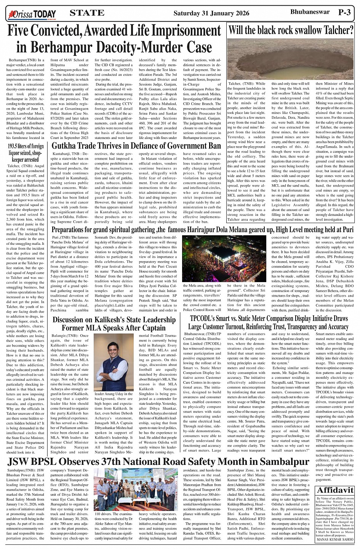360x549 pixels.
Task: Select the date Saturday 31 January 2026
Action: (211, 13)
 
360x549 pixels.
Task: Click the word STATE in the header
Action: (87, 13)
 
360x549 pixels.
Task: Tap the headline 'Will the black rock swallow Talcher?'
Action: (291, 30)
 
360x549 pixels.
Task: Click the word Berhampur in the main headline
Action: (62, 47)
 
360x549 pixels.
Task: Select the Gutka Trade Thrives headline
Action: (136, 146)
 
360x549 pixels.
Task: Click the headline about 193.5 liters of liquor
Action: (26, 153)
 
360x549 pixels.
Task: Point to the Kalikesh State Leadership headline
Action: (114, 324)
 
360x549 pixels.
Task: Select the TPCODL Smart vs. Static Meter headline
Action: (269, 322)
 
